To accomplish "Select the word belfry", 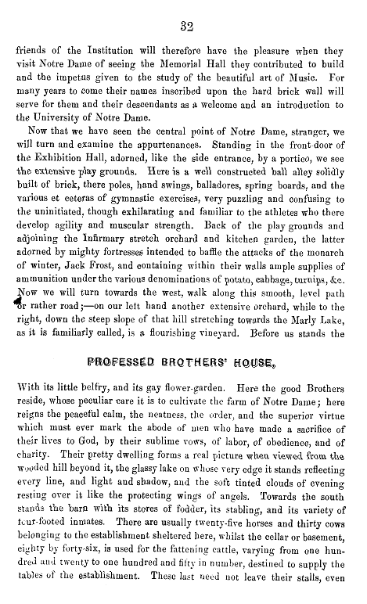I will coord(89,412).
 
